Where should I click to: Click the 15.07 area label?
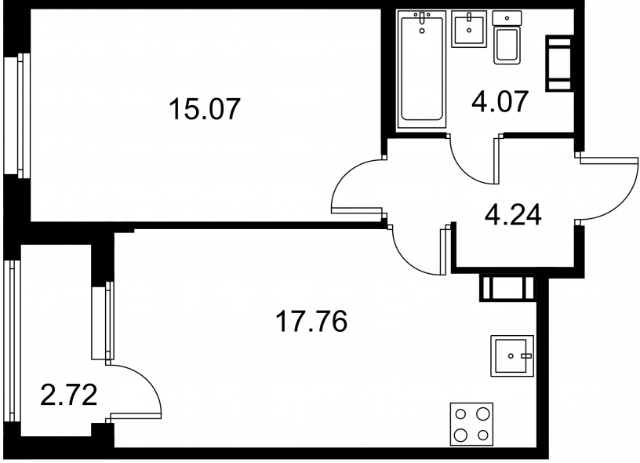pos(203,109)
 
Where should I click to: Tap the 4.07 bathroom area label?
pos(500,101)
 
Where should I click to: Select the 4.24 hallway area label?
pos(513,215)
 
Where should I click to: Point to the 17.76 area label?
pos(312,321)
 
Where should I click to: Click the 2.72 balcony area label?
pos(69,396)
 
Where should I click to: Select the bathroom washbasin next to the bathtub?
pos(469,29)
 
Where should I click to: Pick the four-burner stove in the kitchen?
pos(471,424)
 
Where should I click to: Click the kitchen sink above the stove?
pos(512,355)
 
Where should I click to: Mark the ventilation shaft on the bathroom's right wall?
pos(558,64)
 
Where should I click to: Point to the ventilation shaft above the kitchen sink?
pos(507,289)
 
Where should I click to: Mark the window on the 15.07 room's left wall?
pos(17,115)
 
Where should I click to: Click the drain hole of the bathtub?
pos(422,30)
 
